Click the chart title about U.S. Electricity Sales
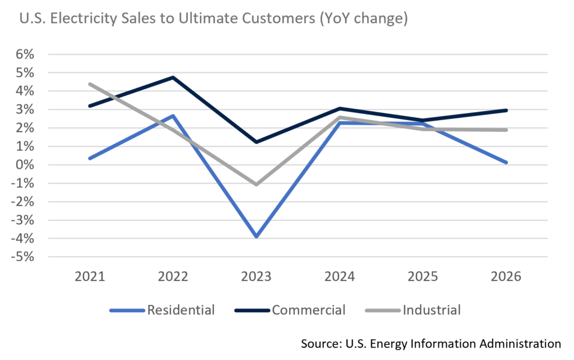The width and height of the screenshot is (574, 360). click(214, 19)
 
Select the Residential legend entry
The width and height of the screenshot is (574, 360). click(180, 310)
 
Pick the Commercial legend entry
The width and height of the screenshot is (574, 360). click(308, 310)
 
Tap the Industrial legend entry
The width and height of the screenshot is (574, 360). click(431, 310)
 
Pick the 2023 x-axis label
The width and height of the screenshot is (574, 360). click(256, 277)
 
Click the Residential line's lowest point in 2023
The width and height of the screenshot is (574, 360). click(256, 237)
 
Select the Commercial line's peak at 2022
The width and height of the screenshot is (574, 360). click(173, 77)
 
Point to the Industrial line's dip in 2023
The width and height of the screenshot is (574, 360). click(256, 184)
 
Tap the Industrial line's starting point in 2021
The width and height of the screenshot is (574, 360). click(90, 84)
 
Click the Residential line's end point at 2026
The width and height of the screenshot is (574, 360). click(507, 163)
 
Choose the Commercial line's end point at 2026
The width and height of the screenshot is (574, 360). click(507, 110)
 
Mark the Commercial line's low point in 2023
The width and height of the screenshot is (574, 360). click(256, 142)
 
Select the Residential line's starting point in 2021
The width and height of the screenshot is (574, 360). click(90, 159)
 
